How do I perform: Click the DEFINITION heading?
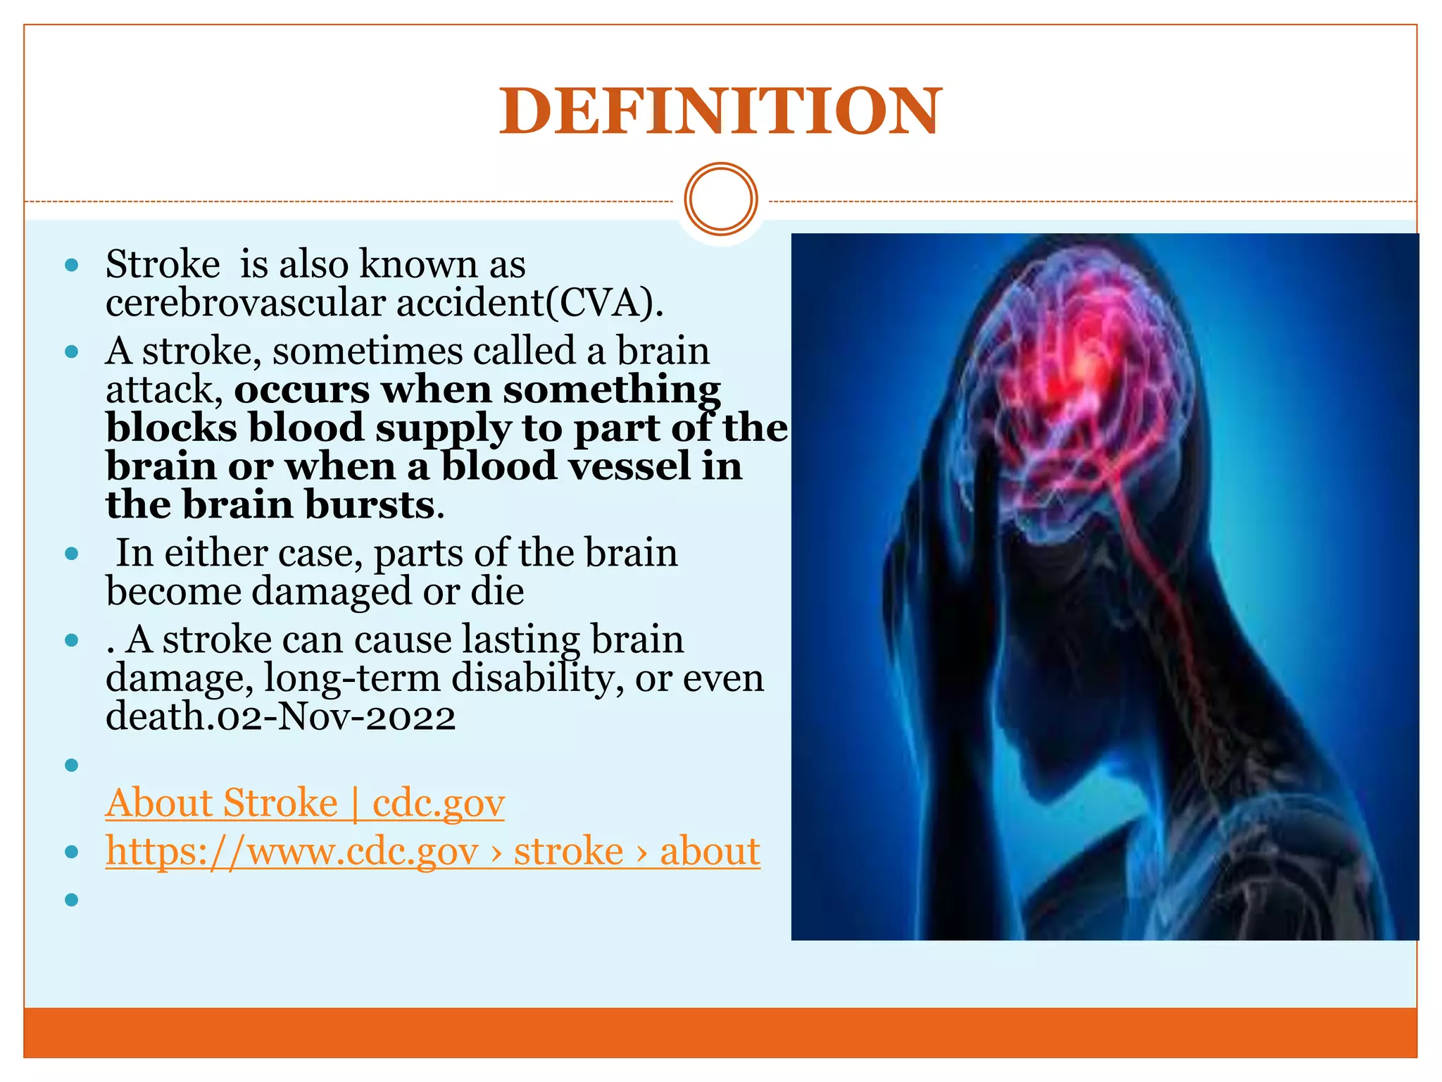[x=720, y=111]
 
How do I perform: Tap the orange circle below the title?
[x=720, y=199]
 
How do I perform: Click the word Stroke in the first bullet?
[x=163, y=265]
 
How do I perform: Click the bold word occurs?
[x=301, y=390]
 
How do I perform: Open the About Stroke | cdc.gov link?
[x=305, y=803]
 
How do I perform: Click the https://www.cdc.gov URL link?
[x=432, y=851]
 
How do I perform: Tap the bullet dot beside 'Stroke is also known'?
[x=71, y=266]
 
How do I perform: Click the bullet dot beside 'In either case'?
[x=71, y=554]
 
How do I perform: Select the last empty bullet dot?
[x=71, y=900]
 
